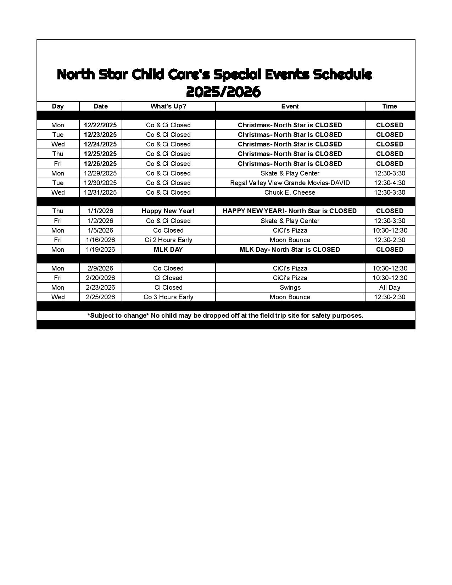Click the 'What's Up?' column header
168,106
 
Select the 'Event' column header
290,106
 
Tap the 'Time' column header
389,106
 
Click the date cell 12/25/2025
100,154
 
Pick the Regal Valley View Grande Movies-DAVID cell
290,183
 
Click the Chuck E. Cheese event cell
290,193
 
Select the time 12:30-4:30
389,183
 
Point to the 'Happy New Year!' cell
168,211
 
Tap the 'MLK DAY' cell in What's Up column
168,250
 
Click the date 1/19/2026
100,250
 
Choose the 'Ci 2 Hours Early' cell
168,240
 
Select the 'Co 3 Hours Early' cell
168,297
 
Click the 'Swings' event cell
290,288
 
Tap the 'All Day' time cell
389,288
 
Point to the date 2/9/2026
100,268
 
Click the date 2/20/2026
100,278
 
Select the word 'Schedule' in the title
343,74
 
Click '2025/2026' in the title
223,92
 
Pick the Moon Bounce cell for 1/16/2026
290,240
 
